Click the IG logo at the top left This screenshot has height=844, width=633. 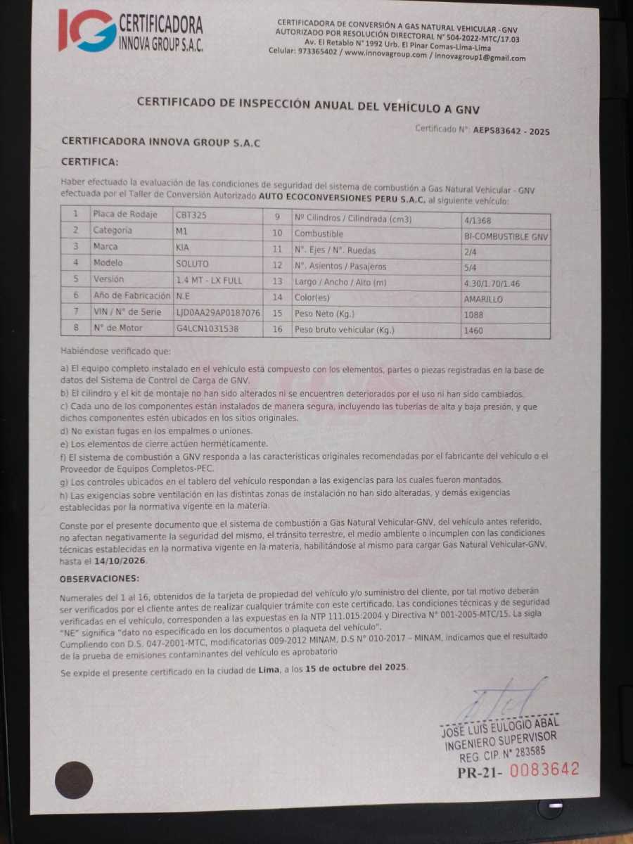[87, 30]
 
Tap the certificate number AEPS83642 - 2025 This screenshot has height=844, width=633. [511, 131]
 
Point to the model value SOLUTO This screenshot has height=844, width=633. [193, 263]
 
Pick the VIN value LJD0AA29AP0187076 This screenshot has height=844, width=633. [218, 312]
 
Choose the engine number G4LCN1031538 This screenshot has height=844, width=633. [207, 328]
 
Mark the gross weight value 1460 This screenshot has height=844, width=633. [474, 331]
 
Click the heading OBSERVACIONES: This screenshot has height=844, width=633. [99, 579]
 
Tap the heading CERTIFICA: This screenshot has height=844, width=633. [89, 162]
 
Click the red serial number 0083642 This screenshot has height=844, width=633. [544, 769]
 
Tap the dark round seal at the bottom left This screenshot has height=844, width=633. [74, 780]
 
